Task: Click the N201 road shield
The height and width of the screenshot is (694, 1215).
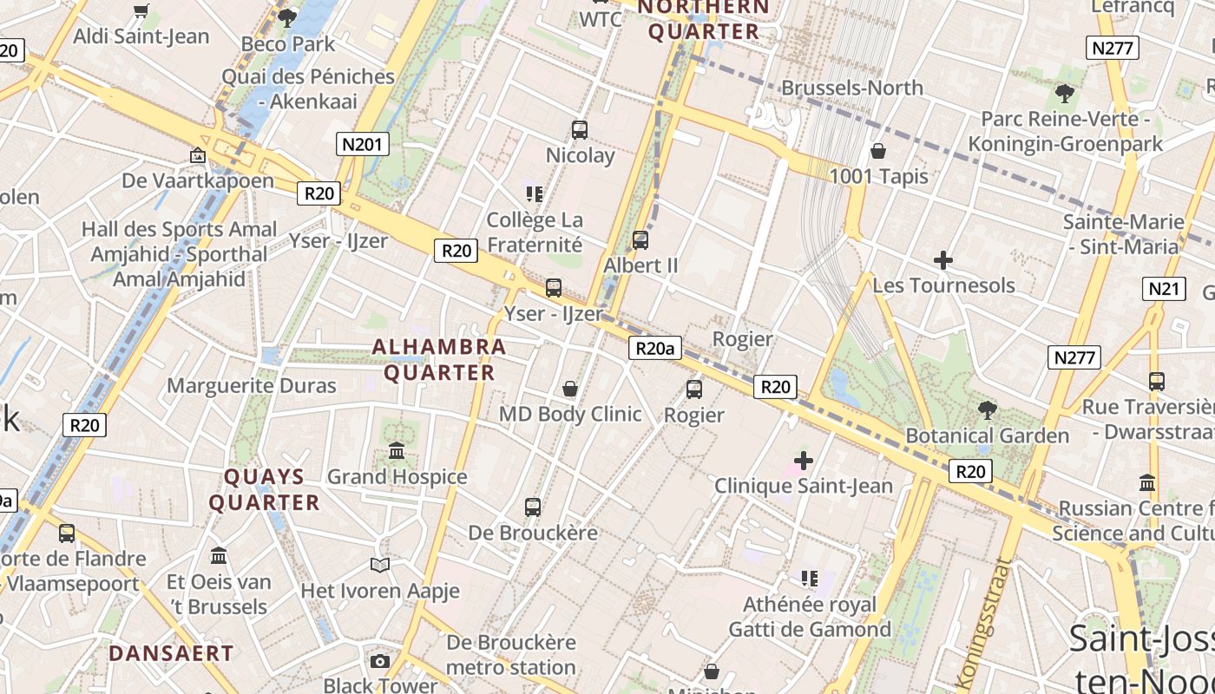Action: coord(362,144)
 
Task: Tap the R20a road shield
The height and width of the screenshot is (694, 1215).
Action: coord(654,349)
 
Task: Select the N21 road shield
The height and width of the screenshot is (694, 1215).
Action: coord(1164,289)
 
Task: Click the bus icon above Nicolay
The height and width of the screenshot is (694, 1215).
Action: coord(580,130)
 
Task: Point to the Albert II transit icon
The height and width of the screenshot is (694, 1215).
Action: coord(640,240)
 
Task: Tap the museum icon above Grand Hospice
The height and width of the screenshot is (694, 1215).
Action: coord(397,451)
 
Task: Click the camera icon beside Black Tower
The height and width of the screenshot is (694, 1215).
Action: coord(379,662)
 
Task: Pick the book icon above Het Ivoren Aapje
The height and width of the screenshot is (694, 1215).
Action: coord(379,566)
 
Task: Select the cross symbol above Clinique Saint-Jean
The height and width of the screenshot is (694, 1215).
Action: coord(804,461)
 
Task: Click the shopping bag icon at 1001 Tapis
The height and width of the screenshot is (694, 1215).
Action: coord(878,152)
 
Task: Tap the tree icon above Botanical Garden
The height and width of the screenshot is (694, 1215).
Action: coord(987,409)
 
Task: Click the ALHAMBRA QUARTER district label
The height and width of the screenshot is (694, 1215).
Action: coord(439,359)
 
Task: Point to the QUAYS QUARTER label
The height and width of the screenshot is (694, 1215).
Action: coord(265,489)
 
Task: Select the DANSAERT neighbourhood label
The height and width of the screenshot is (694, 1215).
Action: coord(171,653)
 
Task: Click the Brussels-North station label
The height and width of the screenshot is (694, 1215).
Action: coord(852,88)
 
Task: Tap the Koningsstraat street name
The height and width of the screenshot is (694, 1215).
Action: coord(985,620)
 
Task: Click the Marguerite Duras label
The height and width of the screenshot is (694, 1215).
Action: coord(252,386)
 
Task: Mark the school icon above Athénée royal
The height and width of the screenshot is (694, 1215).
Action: coord(810,579)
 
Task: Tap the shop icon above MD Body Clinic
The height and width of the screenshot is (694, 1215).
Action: coord(570,389)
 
